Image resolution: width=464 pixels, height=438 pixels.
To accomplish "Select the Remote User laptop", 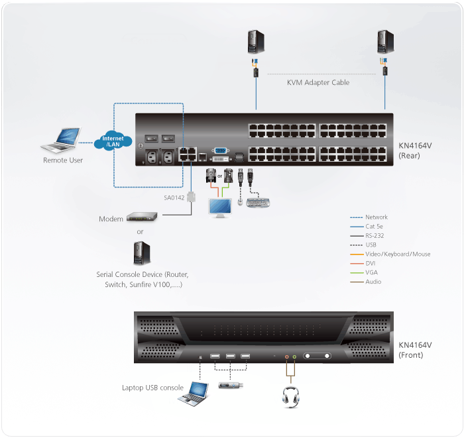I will [61, 140].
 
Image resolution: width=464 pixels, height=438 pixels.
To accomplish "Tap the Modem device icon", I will [143, 217].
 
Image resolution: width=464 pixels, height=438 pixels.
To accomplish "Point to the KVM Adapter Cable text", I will [318, 83].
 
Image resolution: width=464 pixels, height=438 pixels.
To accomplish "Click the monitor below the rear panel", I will [220, 206].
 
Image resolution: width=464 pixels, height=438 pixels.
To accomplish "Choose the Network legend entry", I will [377, 217].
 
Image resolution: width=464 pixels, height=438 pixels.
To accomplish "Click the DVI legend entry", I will [371, 263].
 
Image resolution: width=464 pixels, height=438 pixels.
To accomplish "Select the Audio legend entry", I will [373, 282].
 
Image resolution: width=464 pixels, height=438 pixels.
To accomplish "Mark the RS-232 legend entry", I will [375, 235].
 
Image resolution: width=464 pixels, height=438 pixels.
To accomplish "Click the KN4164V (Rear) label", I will [416, 150].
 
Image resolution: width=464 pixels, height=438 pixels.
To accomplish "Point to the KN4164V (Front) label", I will [416, 350].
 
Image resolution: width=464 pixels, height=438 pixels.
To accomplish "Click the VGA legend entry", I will [372, 272].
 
